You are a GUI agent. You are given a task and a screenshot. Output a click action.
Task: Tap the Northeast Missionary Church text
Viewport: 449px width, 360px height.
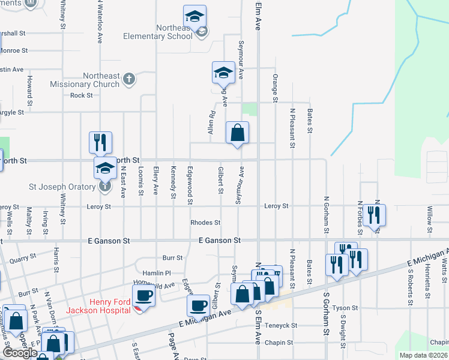(85, 80)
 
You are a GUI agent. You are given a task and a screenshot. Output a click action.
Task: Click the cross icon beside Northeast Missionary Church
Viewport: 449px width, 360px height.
(128, 78)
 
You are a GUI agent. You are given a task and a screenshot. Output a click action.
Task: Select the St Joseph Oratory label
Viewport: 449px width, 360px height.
(62, 187)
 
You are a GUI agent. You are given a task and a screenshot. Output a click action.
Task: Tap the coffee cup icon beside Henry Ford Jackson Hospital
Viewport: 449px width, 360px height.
(143, 295)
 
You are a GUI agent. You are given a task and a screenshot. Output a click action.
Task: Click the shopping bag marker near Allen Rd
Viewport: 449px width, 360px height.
(238, 133)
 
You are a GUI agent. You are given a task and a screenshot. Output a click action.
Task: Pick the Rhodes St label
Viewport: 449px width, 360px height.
(205, 223)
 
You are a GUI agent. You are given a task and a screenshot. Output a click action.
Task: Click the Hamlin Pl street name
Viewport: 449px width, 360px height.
(160, 272)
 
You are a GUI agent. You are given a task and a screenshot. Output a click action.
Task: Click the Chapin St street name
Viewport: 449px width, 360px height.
(280, 343)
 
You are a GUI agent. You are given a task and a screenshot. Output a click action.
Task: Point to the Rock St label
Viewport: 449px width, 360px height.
(82, 95)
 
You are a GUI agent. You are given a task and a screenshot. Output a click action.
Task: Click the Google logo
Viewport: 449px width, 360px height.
(20, 353)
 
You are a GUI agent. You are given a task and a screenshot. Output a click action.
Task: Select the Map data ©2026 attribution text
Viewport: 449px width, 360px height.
(423, 355)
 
